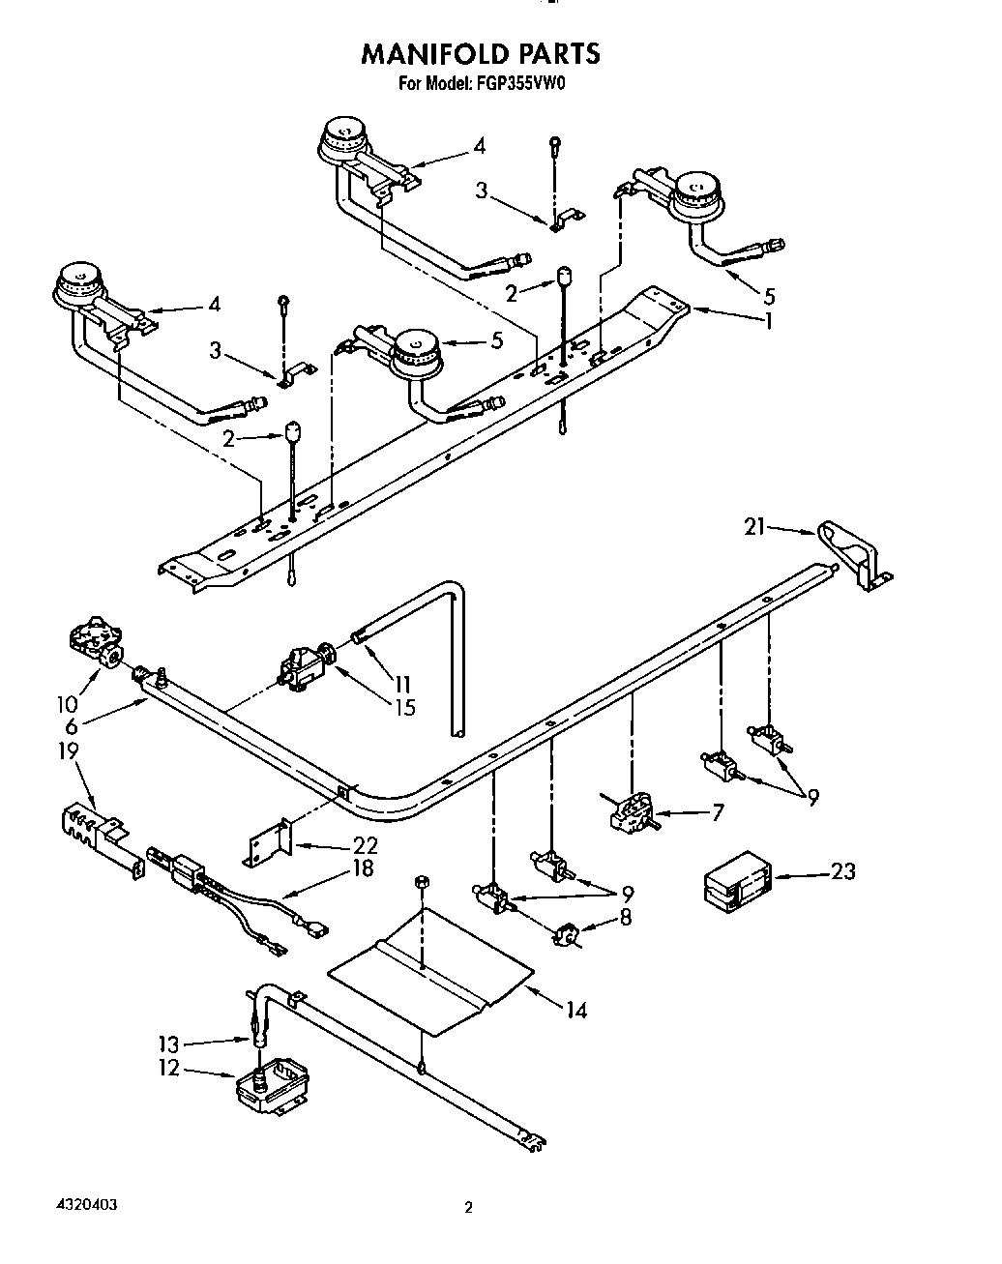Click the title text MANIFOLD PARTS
[x=481, y=53]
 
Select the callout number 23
[x=842, y=871]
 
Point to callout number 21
[x=754, y=526]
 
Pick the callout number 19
[x=68, y=750]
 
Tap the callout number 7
[x=717, y=812]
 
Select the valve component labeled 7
[x=633, y=810]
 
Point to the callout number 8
[x=625, y=916]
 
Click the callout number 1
[x=768, y=320]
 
